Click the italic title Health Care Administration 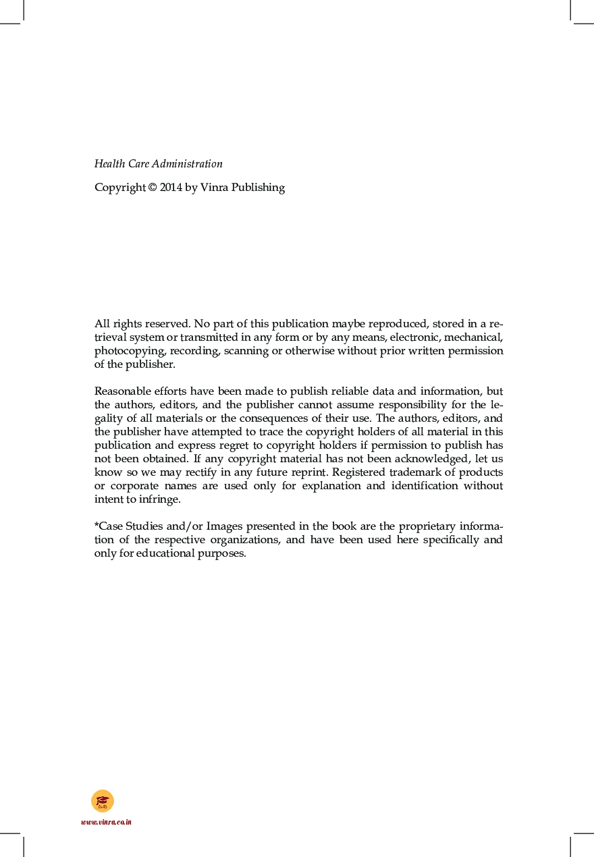[158, 164]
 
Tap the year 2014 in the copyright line [171, 188]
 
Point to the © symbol [151, 188]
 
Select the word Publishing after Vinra [258, 188]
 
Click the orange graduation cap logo [103, 801]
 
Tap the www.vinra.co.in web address [106, 822]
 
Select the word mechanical [476, 337]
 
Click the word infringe [160, 499]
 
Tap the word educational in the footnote [161, 553]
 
